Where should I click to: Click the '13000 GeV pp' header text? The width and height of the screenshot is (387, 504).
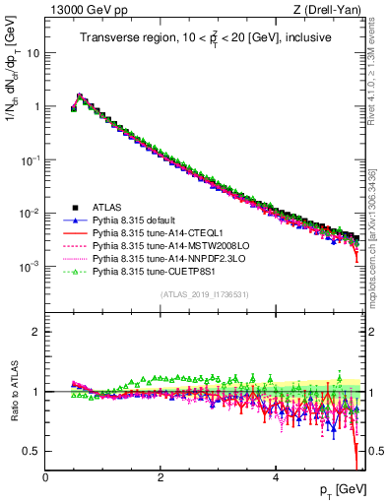click(86, 10)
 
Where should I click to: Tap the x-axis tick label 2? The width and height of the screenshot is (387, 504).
click(161, 477)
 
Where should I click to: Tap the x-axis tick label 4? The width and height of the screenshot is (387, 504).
click(276, 477)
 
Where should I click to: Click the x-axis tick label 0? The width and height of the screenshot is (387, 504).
click(45, 477)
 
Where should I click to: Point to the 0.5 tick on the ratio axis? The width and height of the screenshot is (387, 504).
click(32, 451)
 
